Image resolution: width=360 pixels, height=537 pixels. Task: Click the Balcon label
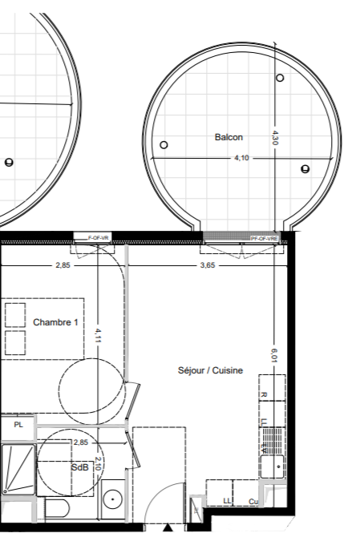click(229, 138)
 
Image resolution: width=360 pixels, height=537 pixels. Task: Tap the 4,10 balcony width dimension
click(241, 158)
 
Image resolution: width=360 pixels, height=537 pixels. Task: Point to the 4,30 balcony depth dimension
click(275, 137)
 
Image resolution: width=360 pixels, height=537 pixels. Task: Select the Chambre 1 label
click(56, 322)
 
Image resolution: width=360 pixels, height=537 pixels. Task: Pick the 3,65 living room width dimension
click(207, 265)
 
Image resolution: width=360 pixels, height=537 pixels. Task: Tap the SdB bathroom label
click(79, 467)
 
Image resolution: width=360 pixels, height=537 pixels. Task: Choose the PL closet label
click(18, 424)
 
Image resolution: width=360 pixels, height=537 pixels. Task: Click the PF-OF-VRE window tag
click(264, 239)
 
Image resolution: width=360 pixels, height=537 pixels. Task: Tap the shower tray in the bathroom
click(17, 470)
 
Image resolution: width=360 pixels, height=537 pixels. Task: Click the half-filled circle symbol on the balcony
click(305, 168)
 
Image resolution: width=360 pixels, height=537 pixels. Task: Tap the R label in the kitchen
click(264, 394)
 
